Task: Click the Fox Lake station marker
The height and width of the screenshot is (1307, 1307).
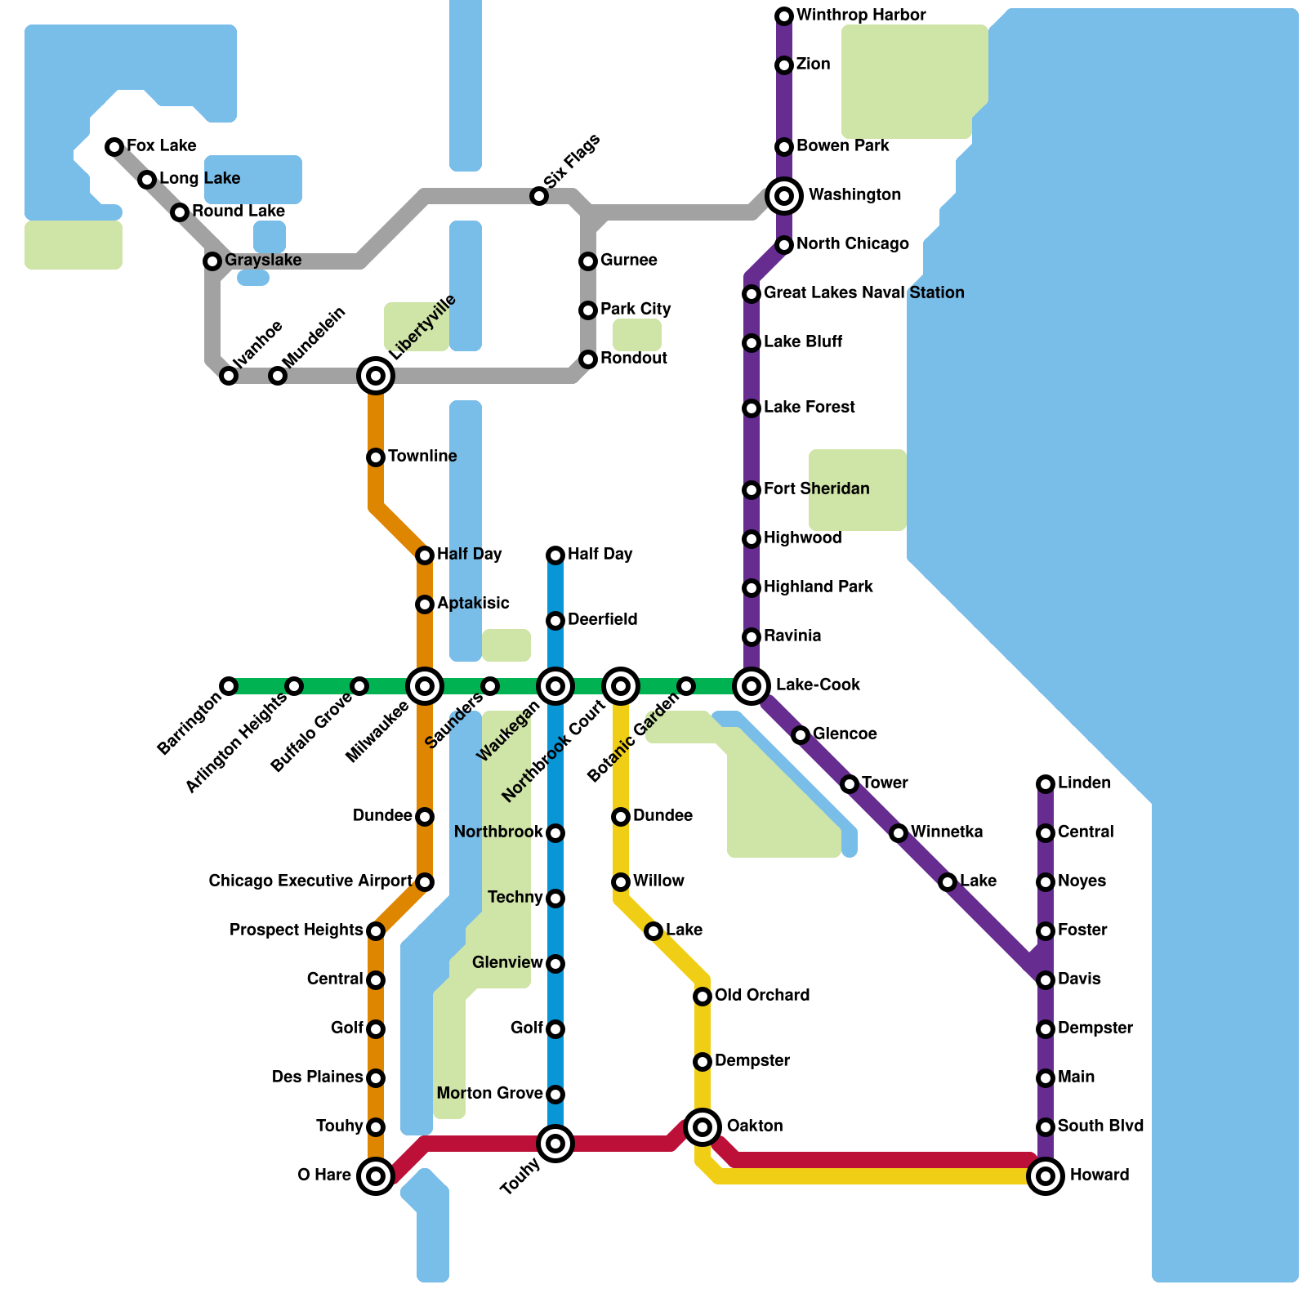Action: click(114, 147)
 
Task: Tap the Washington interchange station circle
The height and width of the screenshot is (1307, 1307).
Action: click(784, 196)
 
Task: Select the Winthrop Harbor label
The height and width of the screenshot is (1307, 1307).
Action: click(861, 16)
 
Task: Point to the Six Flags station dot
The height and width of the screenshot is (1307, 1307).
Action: click(539, 196)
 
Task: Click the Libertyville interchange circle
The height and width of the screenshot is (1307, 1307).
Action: click(376, 376)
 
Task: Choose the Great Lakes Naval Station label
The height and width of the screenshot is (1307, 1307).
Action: click(863, 293)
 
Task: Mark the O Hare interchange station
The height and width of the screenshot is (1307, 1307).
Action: click(376, 1176)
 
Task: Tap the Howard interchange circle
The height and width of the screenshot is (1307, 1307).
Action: click(1046, 1176)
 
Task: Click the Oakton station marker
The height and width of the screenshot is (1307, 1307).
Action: click(703, 1127)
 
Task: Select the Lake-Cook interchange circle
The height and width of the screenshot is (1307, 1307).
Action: click(752, 686)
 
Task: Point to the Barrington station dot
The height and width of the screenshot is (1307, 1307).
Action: click(229, 686)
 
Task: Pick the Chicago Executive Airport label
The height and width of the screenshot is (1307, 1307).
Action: click(310, 881)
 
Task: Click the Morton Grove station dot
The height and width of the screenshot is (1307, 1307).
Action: click(555, 1095)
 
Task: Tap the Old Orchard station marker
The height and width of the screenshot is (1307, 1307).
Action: click(703, 997)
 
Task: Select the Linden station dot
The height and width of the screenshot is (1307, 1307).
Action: click(1046, 784)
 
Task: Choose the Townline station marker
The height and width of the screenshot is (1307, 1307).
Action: click(376, 457)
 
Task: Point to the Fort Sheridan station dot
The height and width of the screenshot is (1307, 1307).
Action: click(752, 490)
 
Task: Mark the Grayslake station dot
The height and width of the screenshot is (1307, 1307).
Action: click(212, 261)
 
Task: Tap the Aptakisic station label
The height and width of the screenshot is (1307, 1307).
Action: click(473, 604)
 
